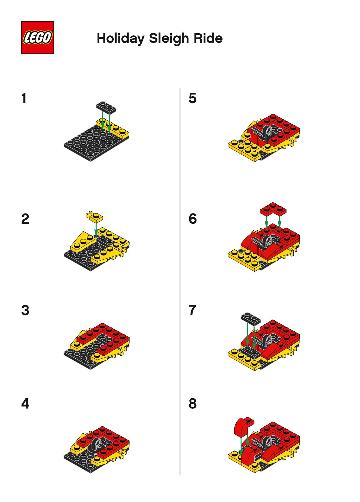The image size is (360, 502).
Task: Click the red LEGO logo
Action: tap(37, 37)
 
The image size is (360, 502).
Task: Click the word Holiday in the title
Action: tap(121, 38)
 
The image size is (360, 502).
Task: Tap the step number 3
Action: tap(25, 310)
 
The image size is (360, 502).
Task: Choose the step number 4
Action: tap(25, 404)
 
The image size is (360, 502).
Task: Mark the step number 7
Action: tap(192, 310)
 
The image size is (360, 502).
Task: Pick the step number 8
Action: tap(193, 404)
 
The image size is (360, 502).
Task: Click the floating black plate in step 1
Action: tap(106, 106)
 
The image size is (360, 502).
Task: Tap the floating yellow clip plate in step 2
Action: tap(94, 216)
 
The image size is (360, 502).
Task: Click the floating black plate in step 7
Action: tap(250, 318)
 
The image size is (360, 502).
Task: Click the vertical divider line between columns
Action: tap(180, 281)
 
